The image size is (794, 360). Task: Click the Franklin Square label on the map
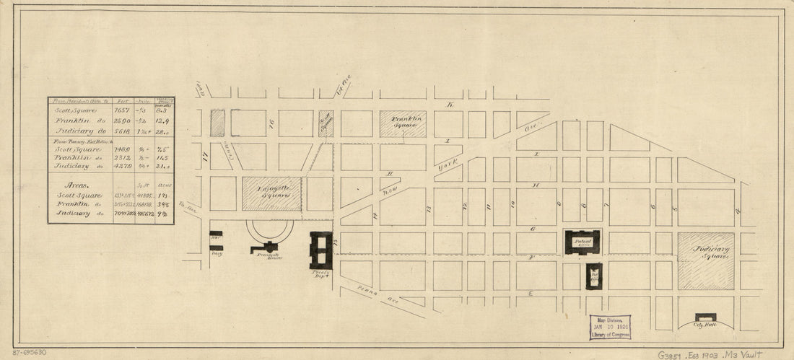pyautogui.click(x=403, y=122)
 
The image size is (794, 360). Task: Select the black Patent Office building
pyautogui.click(x=582, y=242)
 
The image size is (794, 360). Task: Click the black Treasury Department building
pyautogui.click(x=321, y=250)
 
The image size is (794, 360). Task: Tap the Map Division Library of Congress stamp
pyautogui.click(x=609, y=327)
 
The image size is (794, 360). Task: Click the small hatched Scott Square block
pyautogui.click(x=326, y=123)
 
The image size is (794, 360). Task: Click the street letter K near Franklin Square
pyautogui.click(x=449, y=105)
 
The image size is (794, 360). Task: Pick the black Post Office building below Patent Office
pyautogui.click(x=593, y=276)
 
